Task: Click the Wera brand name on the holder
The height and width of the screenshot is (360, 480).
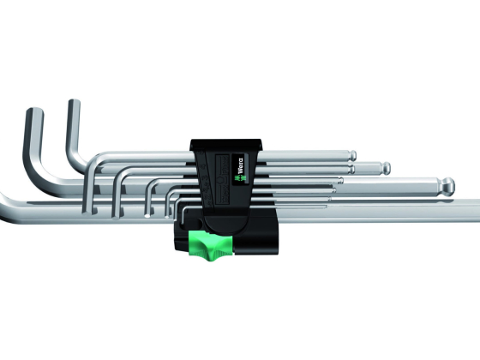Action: pos(240,165)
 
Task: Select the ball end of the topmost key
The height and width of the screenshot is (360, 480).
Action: pos(353,155)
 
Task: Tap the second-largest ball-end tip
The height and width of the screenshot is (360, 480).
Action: pos(386,167)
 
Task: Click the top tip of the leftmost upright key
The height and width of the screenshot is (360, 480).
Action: pos(34,111)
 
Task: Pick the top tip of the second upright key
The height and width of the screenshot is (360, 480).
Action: pos(74,101)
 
